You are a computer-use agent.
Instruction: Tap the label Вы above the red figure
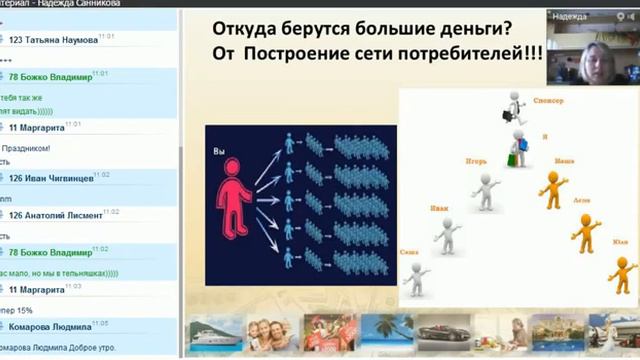(220, 151)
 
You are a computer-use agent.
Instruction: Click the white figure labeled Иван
(447, 236)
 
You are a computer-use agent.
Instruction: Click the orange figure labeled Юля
(621, 273)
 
